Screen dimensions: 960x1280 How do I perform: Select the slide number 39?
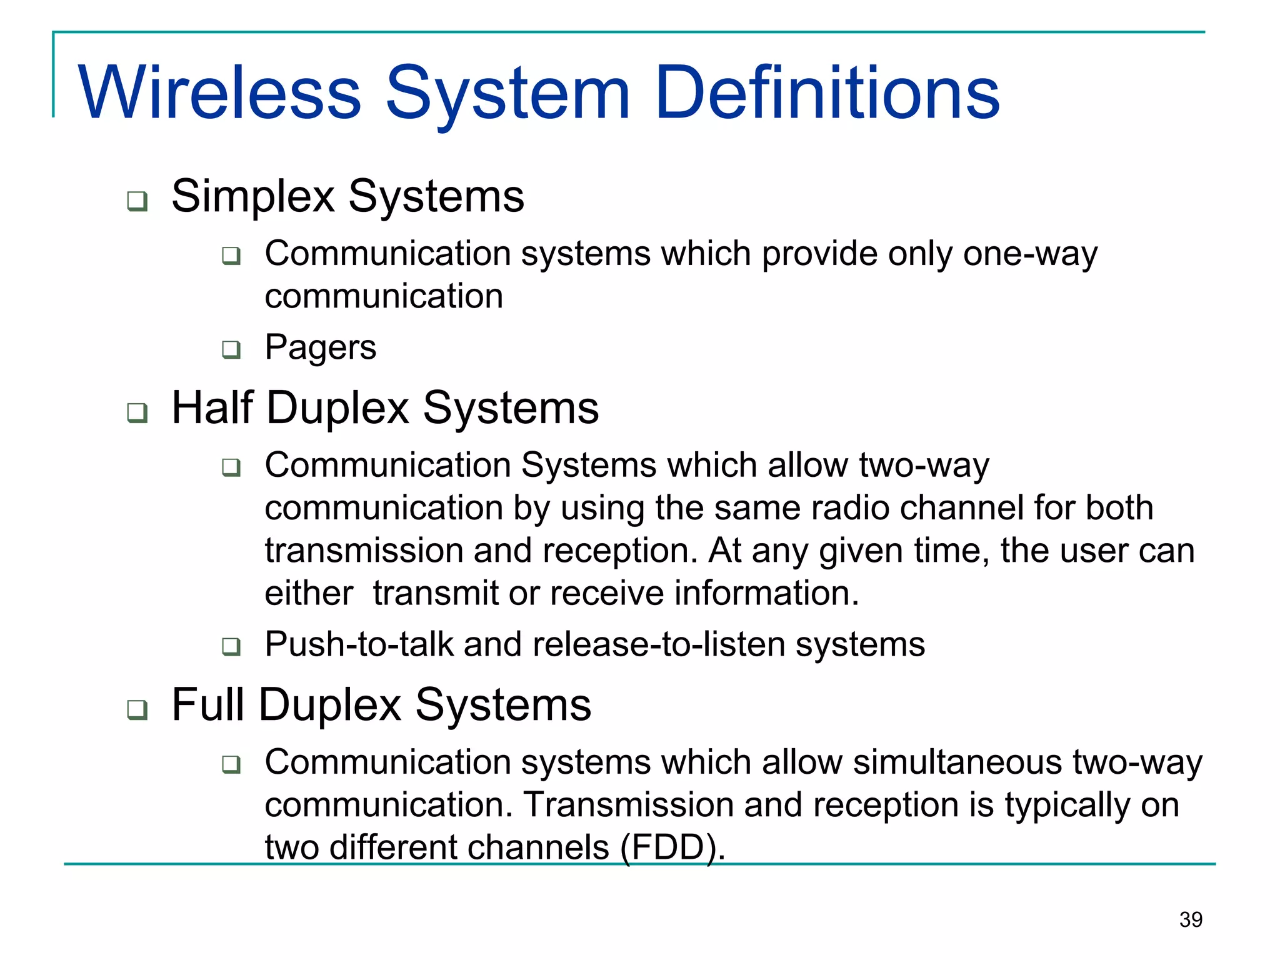(x=1191, y=919)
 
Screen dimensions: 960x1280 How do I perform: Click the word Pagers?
(x=320, y=347)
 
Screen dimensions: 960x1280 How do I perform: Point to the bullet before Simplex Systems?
(x=137, y=201)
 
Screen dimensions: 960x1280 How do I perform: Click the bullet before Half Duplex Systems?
(x=137, y=413)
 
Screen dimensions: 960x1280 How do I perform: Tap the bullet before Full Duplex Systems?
(x=137, y=710)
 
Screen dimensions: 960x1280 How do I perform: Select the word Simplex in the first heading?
(x=253, y=197)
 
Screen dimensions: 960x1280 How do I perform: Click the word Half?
(x=212, y=407)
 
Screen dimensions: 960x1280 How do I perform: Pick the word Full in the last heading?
(x=207, y=704)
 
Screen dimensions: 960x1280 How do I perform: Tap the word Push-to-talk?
(x=359, y=644)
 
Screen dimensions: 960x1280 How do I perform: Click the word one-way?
(x=1029, y=254)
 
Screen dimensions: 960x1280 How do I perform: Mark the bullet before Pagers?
(x=231, y=349)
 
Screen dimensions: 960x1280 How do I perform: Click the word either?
(x=309, y=592)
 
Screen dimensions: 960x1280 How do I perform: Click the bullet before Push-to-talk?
(x=231, y=646)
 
